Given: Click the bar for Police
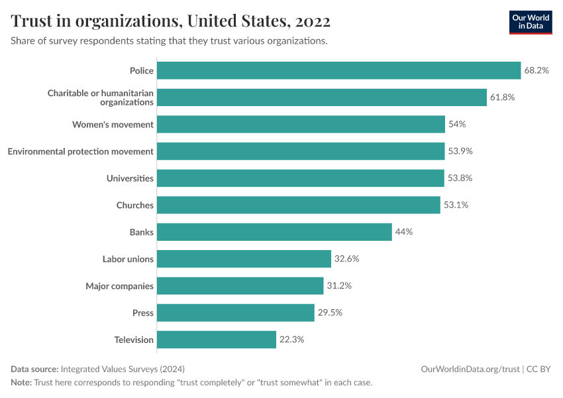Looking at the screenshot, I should point(338,70).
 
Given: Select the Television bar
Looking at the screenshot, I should point(217,340).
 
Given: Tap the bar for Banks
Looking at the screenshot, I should point(274,232).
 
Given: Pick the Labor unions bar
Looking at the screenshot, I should point(244,259).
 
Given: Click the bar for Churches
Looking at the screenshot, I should point(299,205).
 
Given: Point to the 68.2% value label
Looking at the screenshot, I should point(537,70).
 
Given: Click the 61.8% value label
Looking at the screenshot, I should point(502,98).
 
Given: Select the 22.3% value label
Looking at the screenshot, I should point(291,340).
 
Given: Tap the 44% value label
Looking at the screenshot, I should point(403,232).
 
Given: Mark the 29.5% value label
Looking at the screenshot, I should point(330,312).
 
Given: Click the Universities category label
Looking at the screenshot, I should point(130,178).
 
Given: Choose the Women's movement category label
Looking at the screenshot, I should point(113,125).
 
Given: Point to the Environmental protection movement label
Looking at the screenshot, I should point(81,151).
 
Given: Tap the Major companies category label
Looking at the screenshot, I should point(119,286).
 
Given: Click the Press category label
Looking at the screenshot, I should point(142,312).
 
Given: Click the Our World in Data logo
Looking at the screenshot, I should point(530,22).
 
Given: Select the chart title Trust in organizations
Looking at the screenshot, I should point(171,21).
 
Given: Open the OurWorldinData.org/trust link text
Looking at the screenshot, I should point(470,369).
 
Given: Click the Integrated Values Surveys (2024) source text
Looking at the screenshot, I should point(122,369).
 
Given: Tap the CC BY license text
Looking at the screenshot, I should point(539,369).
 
